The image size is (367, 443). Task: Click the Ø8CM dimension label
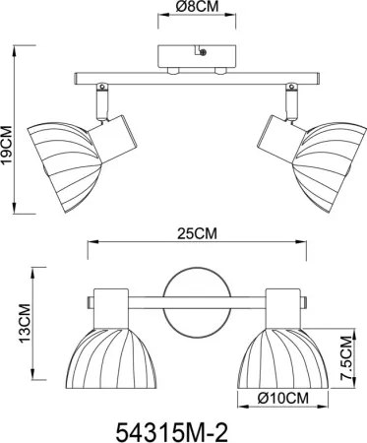pos(197,6)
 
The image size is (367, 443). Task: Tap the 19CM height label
pos(7,145)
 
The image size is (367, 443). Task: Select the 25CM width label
pos(197,234)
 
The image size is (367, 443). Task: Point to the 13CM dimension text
pos(25,324)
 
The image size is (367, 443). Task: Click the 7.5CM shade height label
pos(346,358)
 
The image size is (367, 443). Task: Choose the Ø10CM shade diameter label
pos(283,398)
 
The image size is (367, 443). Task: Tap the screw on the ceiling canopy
pos(203,52)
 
